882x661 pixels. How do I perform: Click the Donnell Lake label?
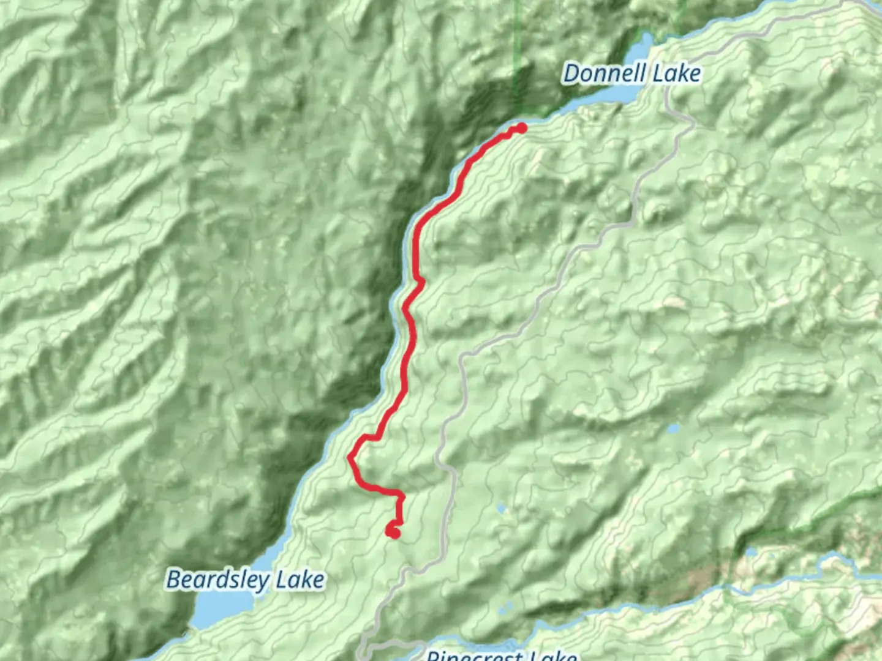coord(631,73)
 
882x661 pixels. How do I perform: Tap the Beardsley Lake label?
coord(245,580)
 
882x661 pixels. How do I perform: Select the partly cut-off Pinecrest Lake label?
coord(501,655)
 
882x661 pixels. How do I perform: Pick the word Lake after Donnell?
coord(676,73)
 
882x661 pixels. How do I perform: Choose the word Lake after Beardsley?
coord(300,580)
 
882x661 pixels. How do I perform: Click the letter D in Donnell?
coord(571,73)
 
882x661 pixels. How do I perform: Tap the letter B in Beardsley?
coord(175,579)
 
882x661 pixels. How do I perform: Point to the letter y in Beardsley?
coord(268,581)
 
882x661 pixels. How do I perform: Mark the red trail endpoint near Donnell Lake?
coord(521,128)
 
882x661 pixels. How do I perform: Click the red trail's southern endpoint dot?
coord(394,532)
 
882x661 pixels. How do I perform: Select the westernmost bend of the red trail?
coord(351,457)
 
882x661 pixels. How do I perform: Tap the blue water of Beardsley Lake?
coord(221,606)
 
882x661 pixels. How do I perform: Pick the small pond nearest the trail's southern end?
coord(502,509)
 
